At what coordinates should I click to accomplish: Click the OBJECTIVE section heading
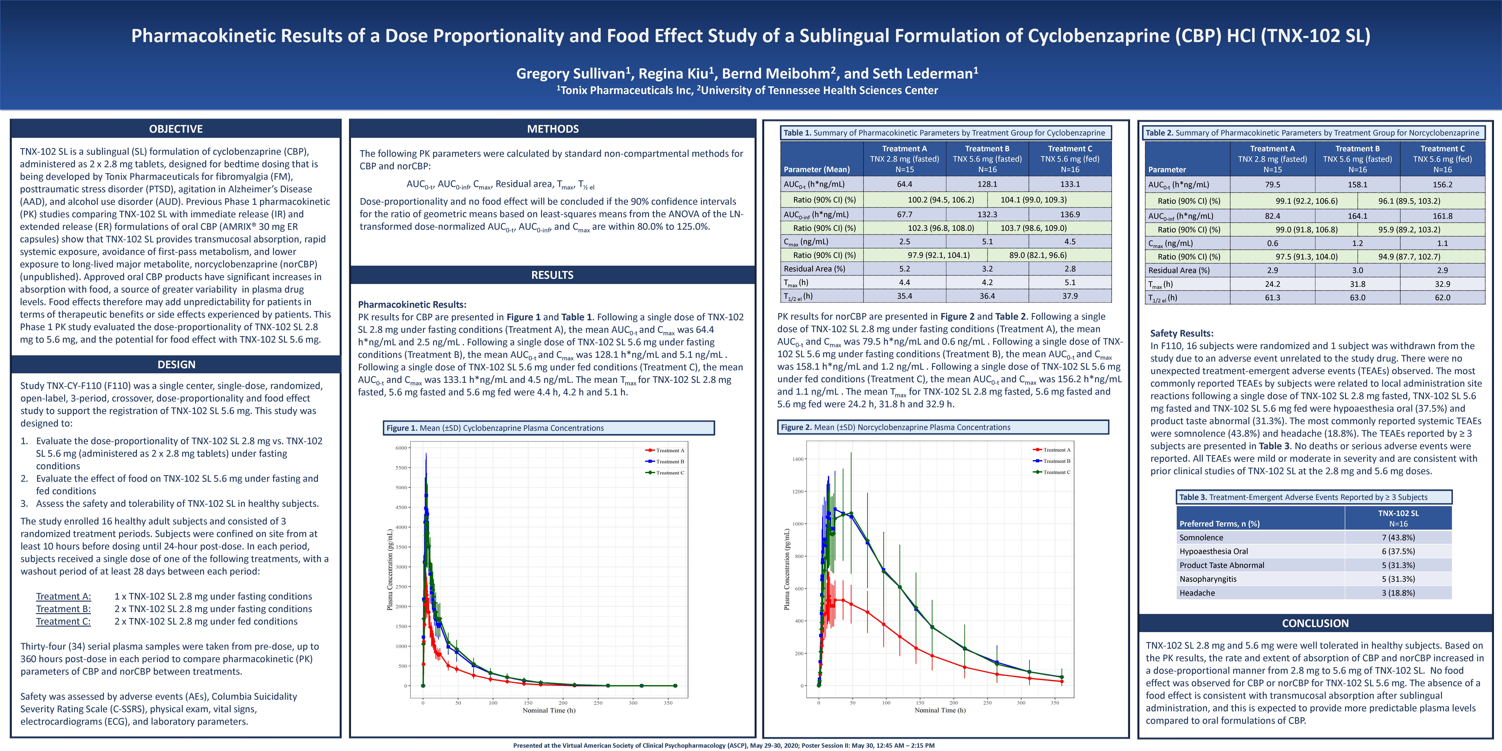176,129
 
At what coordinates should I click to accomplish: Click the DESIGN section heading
176,364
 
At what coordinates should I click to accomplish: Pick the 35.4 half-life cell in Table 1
904,296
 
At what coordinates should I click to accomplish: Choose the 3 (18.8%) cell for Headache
1398,593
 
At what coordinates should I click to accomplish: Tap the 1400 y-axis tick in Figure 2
798,460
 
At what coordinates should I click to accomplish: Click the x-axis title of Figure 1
549,710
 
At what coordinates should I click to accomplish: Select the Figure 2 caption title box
943,427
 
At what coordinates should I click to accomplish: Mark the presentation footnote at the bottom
724,745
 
